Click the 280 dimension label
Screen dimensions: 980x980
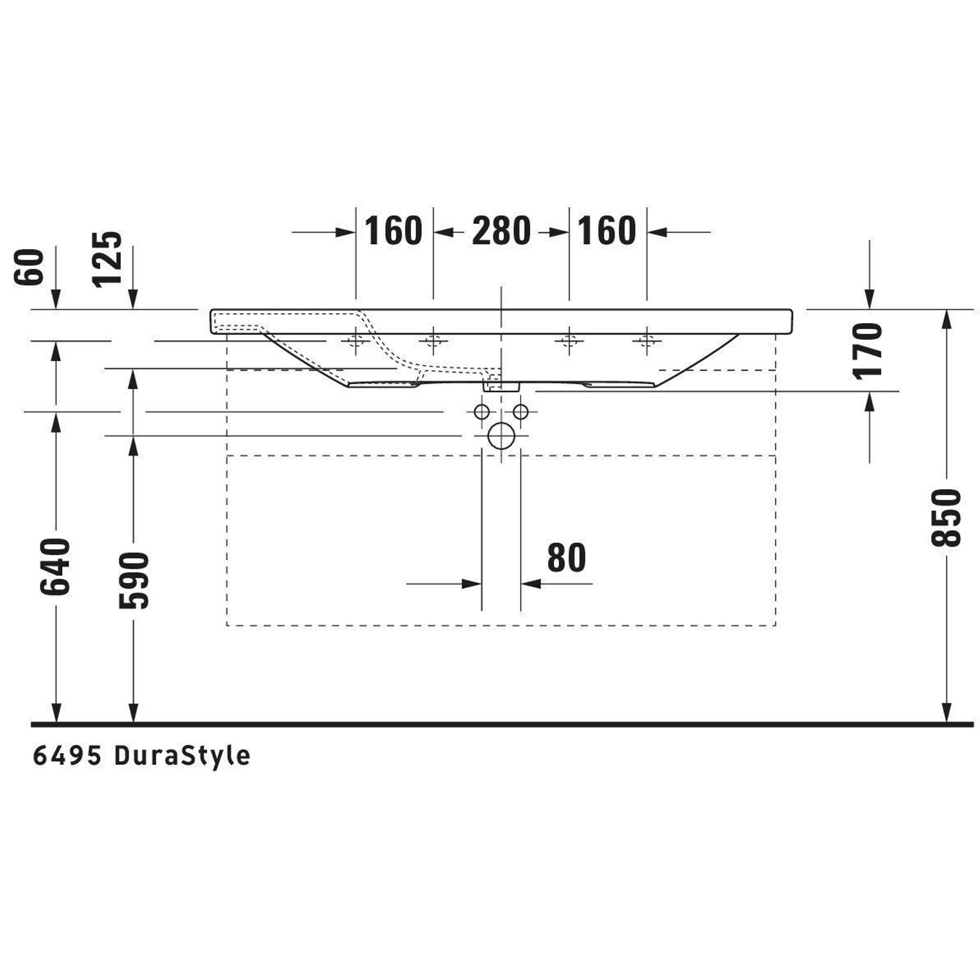(501, 231)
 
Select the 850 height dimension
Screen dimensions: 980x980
(946, 517)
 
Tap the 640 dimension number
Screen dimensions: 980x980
(55, 567)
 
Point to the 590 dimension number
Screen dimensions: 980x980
(133, 580)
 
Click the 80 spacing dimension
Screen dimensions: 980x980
(566, 558)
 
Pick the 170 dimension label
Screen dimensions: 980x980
(868, 350)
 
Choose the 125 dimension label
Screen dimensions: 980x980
(108, 259)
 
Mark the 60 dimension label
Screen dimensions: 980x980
(30, 267)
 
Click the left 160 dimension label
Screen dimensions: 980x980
(393, 231)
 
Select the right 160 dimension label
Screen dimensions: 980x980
(607, 231)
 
